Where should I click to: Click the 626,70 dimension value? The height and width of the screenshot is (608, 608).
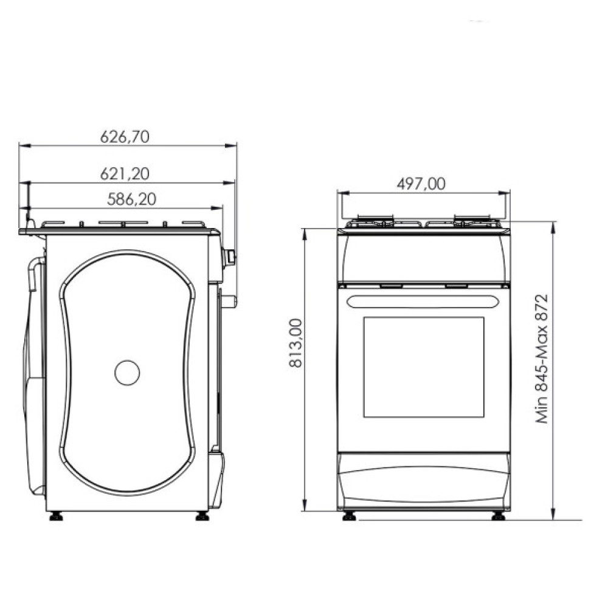tap(124, 137)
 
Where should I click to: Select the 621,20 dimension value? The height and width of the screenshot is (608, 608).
tap(124, 173)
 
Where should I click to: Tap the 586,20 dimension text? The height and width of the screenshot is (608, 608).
tap(131, 198)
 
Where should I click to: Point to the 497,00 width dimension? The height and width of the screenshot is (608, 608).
tap(421, 184)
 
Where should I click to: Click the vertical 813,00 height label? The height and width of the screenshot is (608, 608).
tap(294, 344)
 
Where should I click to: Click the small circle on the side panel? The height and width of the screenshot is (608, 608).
tap(128, 372)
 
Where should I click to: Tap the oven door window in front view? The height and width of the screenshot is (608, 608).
tap(424, 367)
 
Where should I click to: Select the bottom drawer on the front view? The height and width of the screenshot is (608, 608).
tap(424, 480)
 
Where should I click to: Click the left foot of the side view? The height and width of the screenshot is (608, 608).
tap(57, 517)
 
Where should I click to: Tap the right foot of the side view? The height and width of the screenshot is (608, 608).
tap(202, 517)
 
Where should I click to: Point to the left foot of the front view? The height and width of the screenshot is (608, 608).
tap(350, 517)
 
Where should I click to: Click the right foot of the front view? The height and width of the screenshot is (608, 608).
tap(499, 517)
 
